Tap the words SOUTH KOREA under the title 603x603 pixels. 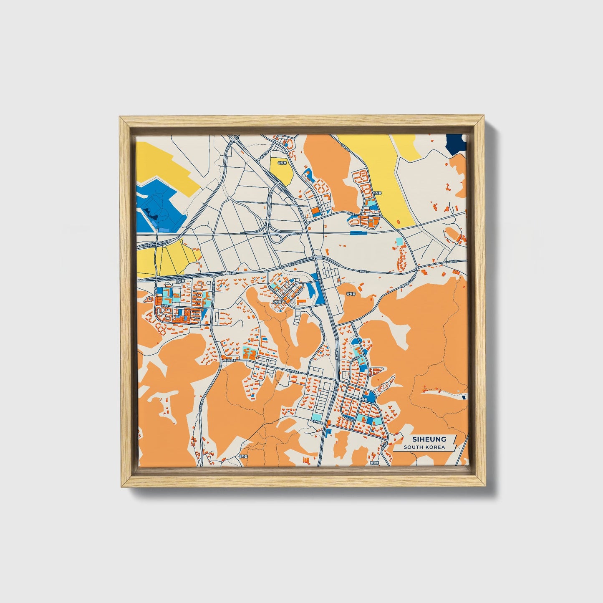pyautogui.click(x=424, y=447)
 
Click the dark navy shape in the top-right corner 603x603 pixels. pyautogui.click(x=456, y=144)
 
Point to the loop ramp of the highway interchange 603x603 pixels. pyautogui.click(x=276, y=238)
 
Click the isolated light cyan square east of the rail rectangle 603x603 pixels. pyautogui.click(x=400, y=241)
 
